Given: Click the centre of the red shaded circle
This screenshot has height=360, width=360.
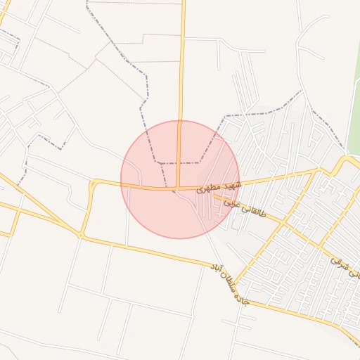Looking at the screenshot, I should tap(180, 179).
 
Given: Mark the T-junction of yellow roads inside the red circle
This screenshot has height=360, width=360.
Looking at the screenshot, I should tap(178, 188).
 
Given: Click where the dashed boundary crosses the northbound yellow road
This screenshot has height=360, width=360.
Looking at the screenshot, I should tap(179, 162).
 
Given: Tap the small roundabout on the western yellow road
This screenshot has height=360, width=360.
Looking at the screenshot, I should tap(92, 184).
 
